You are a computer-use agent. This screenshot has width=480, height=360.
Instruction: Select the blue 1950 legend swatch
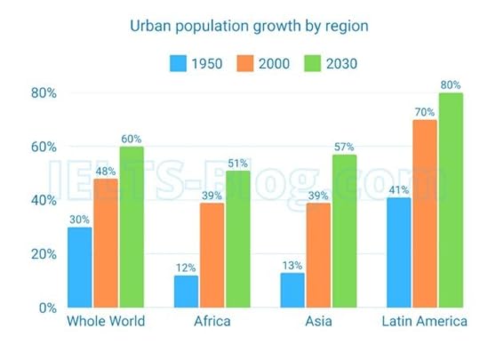click(178, 64)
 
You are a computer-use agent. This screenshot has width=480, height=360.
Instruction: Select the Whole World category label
click(106, 322)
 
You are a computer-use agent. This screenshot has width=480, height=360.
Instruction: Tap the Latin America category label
click(424, 322)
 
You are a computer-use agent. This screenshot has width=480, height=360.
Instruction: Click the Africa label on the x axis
click(212, 322)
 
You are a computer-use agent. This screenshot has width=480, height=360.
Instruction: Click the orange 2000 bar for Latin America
click(424, 213)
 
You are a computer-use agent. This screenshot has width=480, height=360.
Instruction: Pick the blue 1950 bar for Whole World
click(79, 267)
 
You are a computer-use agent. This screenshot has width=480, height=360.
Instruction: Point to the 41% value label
click(398, 190)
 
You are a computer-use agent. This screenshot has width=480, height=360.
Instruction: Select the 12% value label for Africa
click(186, 268)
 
